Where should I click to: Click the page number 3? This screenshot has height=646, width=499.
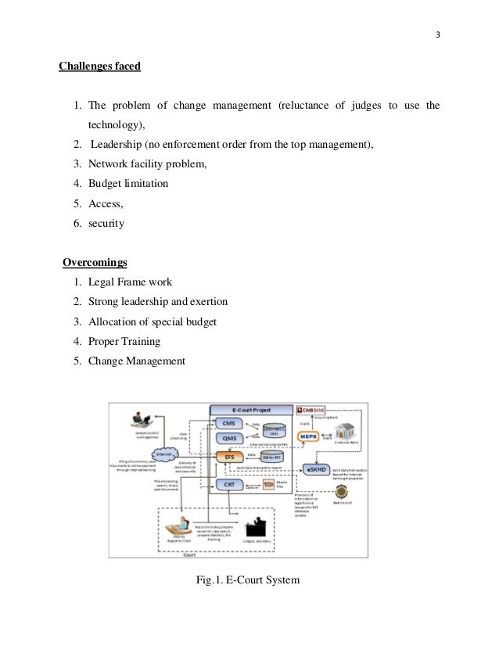tap(437, 34)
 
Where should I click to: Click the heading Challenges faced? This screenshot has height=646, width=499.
tap(99, 66)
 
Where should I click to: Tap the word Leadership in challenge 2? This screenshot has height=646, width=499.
tap(117, 144)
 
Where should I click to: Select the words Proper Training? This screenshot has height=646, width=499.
tap(124, 341)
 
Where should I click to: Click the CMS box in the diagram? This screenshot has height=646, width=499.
tap(230, 423)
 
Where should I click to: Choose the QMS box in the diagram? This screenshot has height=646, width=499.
tap(230, 438)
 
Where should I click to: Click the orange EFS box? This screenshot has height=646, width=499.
tap(229, 456)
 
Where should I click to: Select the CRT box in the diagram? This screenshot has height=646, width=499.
tap(229, 485)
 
